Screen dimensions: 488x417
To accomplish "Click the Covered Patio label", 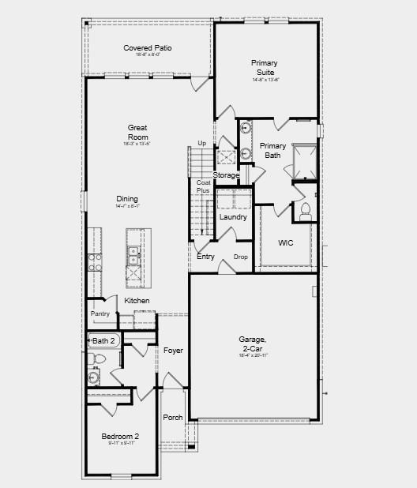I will pos(148,48).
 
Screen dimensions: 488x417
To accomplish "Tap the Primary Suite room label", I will pos(265,67).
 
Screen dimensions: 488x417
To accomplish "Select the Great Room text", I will pos(138,132).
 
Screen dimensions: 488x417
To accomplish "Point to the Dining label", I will pos(127,199).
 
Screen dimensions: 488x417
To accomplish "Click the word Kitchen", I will pos(137,301).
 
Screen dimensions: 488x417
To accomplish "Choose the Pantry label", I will pos(100,313).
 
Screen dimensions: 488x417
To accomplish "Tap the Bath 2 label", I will pos(104,341).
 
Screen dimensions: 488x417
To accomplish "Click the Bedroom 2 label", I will pos(120,437).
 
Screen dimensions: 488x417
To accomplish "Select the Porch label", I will pos(173,417).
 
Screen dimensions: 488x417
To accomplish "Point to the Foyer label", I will pos(173,350).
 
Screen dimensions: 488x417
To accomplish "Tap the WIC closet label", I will pos(286,243).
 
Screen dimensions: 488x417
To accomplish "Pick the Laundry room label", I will pos(233,217).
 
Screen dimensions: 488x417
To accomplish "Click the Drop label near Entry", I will pos(241,257).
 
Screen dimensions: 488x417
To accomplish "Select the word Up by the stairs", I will pos(201,143).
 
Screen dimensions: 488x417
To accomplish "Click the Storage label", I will pos(226,175).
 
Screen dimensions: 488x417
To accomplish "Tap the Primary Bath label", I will pos(273,150).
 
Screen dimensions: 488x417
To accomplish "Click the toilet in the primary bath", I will pos(305,211).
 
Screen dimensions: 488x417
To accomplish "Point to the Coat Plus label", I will pos(204,186).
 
